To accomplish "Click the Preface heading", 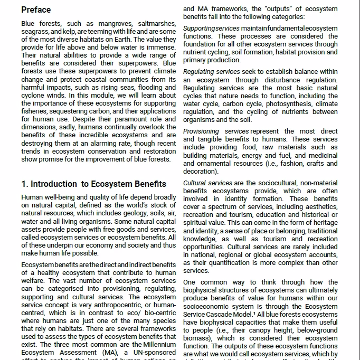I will [36, 10].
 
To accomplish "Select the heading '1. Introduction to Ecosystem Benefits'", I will [93, 184].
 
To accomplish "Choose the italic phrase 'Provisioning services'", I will [216, 131].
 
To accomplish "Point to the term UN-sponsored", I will [153, 352].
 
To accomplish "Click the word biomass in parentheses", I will [196, 338].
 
